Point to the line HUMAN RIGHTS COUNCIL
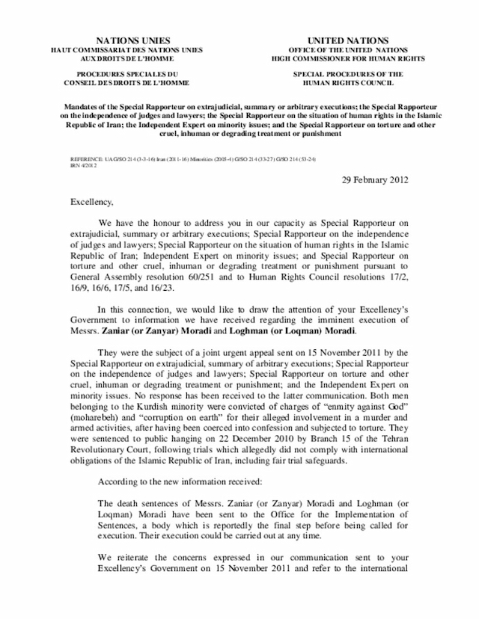[348, 83]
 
